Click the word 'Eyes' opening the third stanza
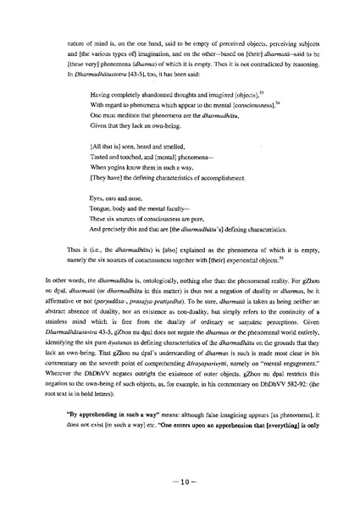pos(96,205)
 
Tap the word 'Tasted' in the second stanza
pos(98,168)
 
